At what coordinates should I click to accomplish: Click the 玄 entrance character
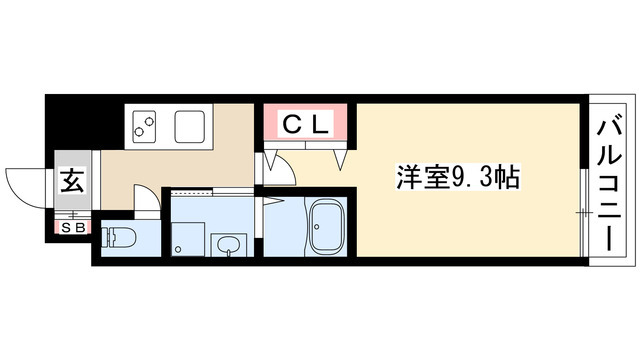coord(73,182)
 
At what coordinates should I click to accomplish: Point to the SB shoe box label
coord(74,225)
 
